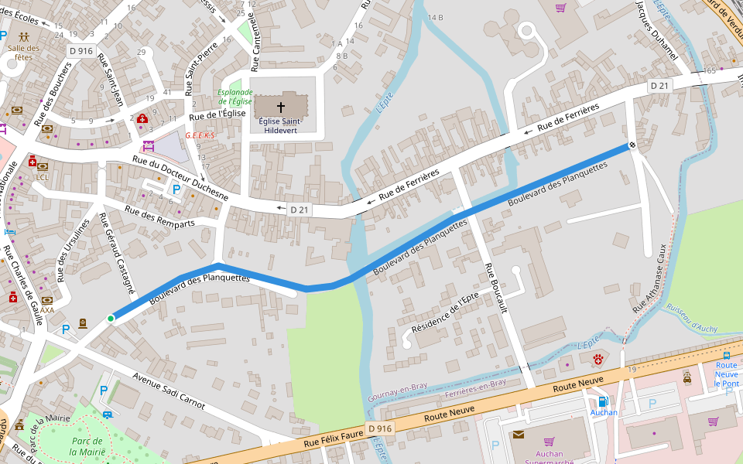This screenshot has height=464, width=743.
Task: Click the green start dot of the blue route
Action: [111, 319]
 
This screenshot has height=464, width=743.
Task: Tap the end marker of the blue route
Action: [632, 145]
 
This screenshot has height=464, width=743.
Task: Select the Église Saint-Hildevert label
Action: [280, 126]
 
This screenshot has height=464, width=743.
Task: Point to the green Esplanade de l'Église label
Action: [235, 97]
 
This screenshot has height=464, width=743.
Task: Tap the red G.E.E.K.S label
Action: [199, 135]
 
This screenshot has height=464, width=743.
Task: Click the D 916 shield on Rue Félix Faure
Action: [380, 428]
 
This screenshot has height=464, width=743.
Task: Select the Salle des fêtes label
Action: [23, 52]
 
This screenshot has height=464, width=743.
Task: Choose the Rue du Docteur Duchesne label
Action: [180, 178]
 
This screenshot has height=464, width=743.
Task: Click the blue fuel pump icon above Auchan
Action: [603, 401]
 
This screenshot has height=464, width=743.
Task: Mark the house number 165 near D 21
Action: [710, 70]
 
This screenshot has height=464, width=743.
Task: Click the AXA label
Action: [47, 310]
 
